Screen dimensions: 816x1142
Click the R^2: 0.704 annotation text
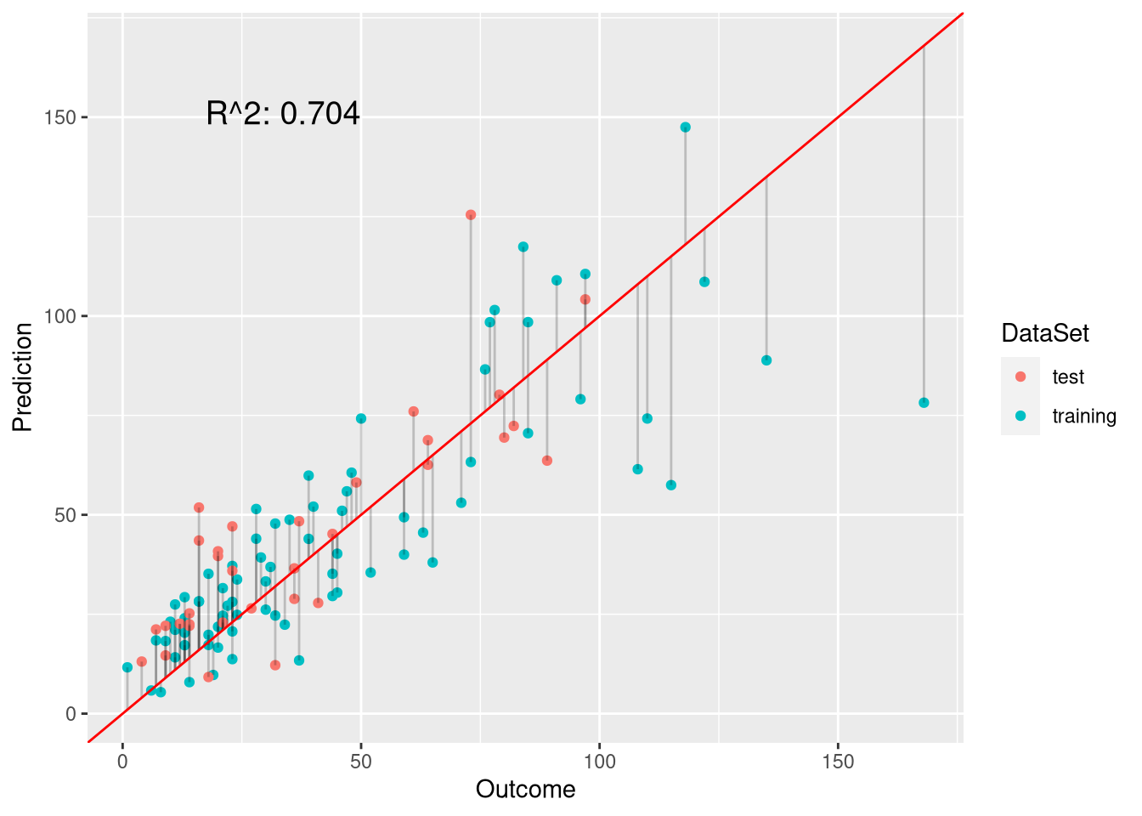[x=283, y=113]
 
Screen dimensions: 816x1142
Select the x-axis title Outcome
[x=525, y=790]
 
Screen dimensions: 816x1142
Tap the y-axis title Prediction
[x=23, y=377]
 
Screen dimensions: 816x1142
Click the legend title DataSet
[x=1044, y=333]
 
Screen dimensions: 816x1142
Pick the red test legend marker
[x=1020, y=377]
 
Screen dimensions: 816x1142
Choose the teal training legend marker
[x=1020, y=416]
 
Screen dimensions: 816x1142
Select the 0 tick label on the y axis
[x=71, y=714]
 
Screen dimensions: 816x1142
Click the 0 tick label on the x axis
[x=123, y=762]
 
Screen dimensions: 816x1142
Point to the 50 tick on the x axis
[x=361, y=762]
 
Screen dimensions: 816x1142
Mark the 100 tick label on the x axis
[x=600, y=762]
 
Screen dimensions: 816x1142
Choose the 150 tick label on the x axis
[x=838, y=762]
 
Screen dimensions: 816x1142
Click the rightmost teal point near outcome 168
[x=924, y=403]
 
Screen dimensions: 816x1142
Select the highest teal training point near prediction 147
[x=685, y=127]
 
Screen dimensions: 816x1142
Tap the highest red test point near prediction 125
[x=471, y=215]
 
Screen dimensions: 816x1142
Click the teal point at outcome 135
[x=766, y=360]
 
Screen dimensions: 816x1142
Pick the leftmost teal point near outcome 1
[x=127, y=667]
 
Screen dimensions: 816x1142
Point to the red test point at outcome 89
[x=547, y=461]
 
